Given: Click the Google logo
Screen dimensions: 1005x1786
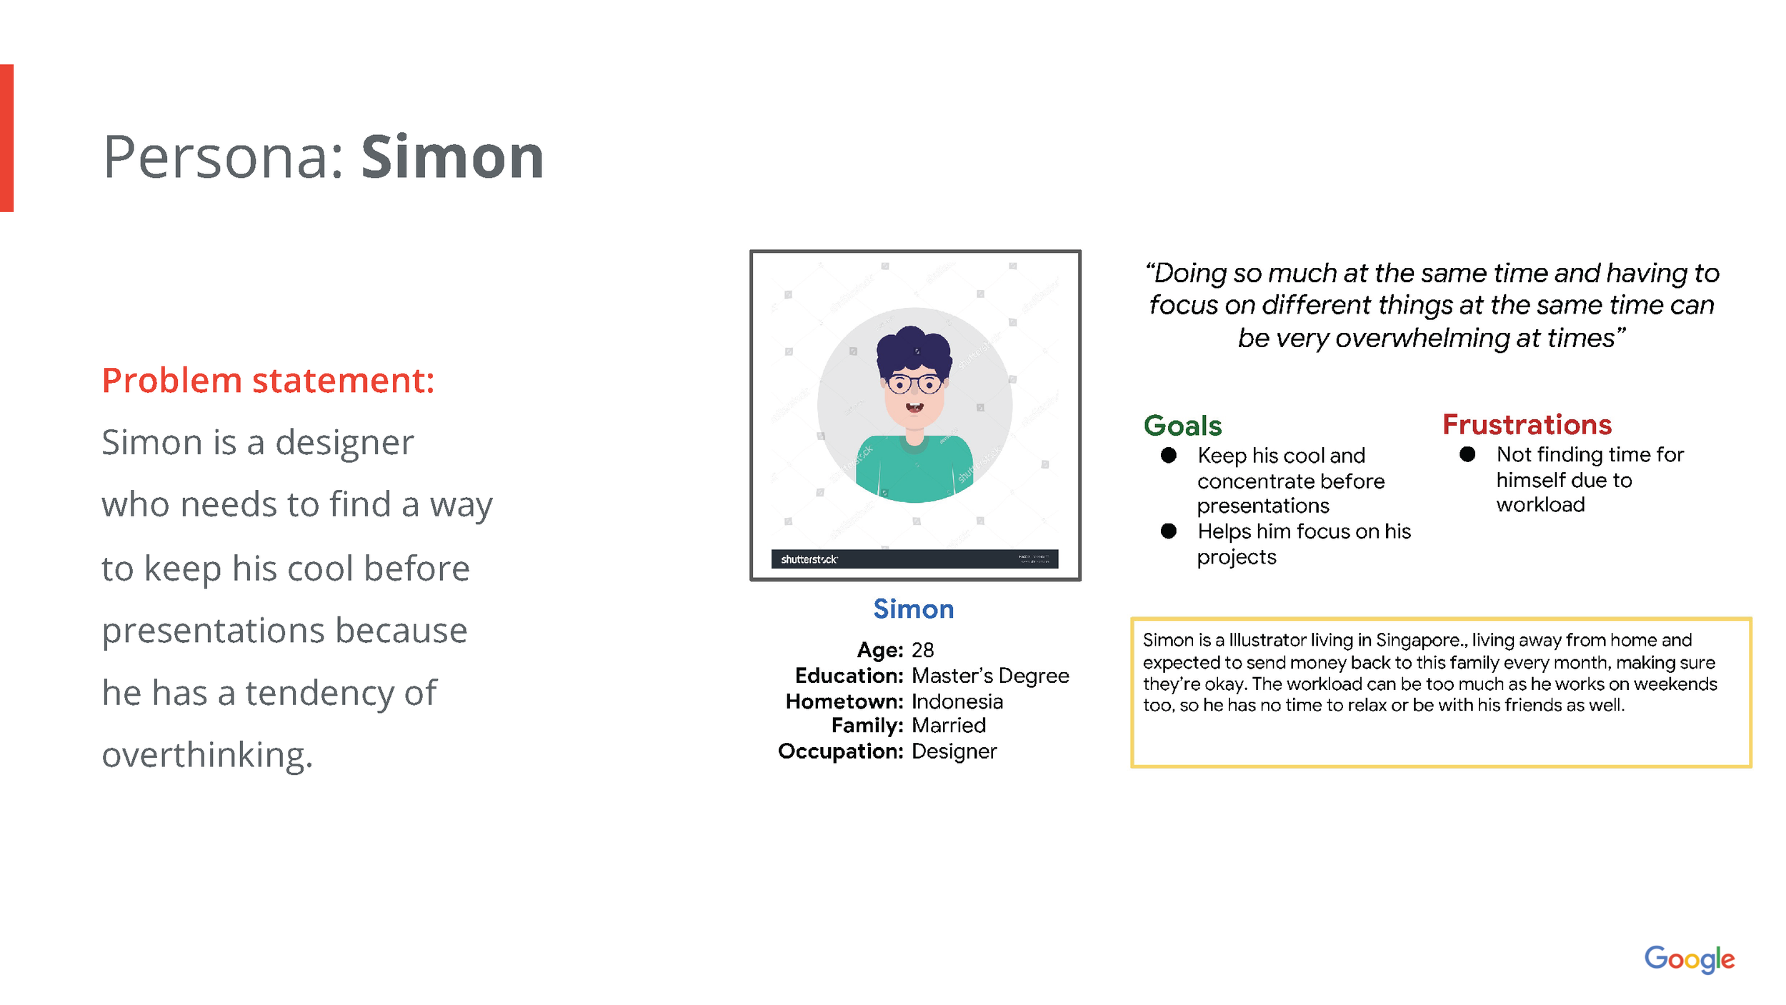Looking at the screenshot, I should (1689, 959).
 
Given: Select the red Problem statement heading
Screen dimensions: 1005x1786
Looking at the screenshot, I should (268, 380).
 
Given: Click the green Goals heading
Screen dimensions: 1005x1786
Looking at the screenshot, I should (1182, 426).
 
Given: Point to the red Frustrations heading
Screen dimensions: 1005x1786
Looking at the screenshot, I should (1527, 424).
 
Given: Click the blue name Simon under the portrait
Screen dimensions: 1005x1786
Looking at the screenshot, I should (913, 609).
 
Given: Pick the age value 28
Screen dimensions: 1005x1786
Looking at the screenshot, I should (922, 650).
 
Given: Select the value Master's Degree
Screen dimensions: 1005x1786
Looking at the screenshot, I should (990, 676).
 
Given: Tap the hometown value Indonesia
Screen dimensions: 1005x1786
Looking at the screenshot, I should (957, 701).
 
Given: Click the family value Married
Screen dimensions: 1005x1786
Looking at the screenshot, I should (949, 726).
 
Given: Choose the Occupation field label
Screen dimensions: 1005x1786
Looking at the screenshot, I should (840, 751).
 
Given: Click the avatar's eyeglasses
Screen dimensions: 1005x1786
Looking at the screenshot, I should (914, 384).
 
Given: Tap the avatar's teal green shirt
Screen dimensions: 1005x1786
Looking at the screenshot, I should (914, 471).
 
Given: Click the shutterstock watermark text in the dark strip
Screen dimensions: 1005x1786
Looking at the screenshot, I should (809, 559).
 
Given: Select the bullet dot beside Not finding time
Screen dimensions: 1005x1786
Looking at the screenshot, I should (1467, 454).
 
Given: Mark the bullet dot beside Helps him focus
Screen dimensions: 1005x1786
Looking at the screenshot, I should (1169, 531).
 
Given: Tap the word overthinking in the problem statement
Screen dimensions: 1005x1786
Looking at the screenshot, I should (207, 756).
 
